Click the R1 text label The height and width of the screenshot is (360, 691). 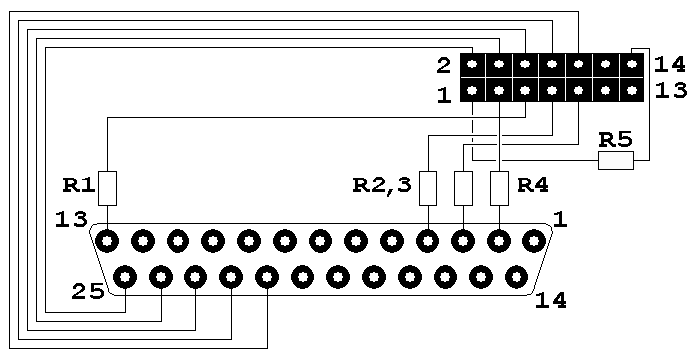(79, 185)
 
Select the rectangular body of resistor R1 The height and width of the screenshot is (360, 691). (107, 188)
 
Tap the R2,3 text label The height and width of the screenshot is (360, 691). (382, 186)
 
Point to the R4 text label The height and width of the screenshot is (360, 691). (532, 185)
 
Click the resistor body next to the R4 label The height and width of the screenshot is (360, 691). (499, 188)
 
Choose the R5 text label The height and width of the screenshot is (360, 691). (615, 140)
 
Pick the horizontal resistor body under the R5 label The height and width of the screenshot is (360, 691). (616, 160)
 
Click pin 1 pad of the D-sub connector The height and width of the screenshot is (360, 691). (534, 241)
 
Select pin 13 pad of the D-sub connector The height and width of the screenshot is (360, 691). (107, 241)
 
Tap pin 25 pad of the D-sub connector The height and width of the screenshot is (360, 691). (125, 277)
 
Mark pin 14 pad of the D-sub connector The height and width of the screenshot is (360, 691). (517, 277)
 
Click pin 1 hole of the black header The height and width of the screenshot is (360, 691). (472, 91)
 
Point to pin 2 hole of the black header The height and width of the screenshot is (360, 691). (472, 65)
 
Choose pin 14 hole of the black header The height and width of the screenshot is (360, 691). (632, 65)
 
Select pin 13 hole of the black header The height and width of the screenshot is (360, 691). (632, 91)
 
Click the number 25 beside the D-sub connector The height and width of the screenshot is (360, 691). (88, 292)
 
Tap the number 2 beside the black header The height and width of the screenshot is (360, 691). (444, 66)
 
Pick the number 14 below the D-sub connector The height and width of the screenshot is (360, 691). (550, 301)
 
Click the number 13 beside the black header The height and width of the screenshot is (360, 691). (671, 90)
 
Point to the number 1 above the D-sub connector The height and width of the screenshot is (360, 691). (560, 219)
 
